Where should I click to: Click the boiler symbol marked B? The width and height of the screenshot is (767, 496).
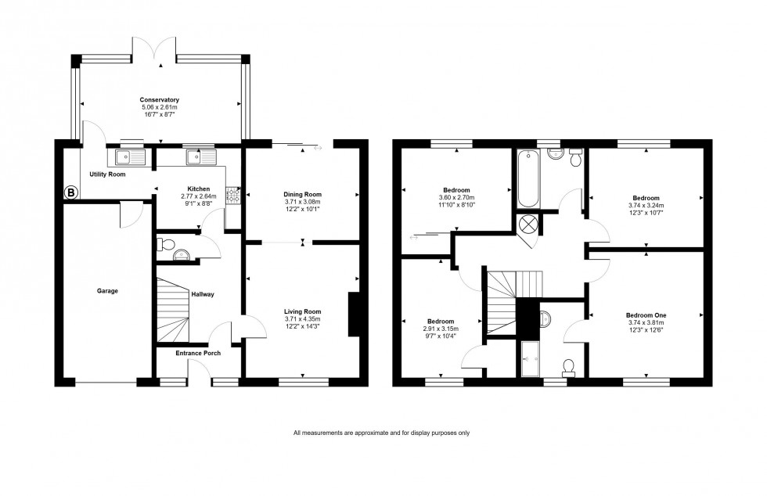click(x=70, y=192)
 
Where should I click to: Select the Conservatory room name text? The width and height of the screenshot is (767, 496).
click(x=160, y=100)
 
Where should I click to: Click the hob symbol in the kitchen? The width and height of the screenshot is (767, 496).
click(x=232, y=196)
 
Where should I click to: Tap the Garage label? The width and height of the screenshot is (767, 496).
click(x=107, y=291)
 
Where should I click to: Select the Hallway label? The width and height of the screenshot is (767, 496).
click(x=202, y=294)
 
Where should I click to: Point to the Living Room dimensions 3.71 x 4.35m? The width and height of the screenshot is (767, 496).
click(x=302, y=319)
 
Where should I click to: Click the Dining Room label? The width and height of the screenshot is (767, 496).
click(x=302, y=194)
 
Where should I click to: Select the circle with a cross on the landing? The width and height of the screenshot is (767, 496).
click(x=529, y=224)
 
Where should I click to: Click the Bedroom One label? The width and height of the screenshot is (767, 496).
click(x=645, y=314)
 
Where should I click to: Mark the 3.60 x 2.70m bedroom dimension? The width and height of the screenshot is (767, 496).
click(x=456, y=198)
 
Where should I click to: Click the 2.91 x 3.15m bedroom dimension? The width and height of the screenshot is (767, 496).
click(x=440, y=329)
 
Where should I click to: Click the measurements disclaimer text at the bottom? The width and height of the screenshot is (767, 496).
click(x=381, y=433)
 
